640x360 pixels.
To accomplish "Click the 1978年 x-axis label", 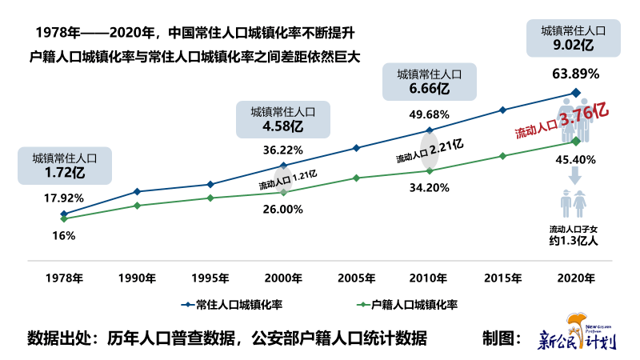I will coord(64,278).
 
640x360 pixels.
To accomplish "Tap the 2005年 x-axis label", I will coord(356,278).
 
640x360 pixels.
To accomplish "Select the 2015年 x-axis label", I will coord(502,278).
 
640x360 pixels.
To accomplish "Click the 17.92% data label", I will coord(64,198).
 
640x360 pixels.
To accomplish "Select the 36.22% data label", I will coord(282,150).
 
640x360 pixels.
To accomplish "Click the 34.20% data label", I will coord(429,188).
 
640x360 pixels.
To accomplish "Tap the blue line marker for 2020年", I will coord(575,92).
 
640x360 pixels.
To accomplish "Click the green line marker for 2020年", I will coord(575,141).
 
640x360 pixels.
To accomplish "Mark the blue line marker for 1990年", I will coord(137,191).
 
